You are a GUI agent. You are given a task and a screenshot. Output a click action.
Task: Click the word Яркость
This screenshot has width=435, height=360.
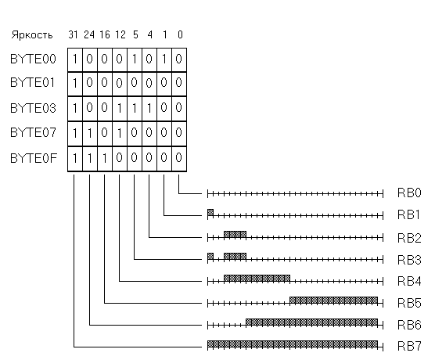pos(32,35)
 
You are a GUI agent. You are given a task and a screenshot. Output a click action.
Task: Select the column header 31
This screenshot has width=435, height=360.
pos(73,34)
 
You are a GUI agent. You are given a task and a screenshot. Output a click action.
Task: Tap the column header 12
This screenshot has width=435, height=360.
pos(120,34)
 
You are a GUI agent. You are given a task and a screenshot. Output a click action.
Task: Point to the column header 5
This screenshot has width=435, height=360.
pos(135,34)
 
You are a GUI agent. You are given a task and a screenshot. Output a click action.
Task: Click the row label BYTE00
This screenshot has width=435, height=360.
pos(33,59)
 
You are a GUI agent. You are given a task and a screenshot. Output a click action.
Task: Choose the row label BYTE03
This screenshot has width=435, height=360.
pos(33,108)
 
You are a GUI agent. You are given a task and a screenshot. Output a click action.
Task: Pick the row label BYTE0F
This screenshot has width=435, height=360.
pos(34,158)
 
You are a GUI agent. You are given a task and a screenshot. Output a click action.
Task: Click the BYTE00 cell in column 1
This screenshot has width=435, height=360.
pos(164,59)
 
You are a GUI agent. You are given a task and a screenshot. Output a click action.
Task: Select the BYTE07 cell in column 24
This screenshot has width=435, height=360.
pos(90,134)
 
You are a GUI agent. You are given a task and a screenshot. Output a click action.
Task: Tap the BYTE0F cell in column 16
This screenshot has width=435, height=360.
pos(105,159)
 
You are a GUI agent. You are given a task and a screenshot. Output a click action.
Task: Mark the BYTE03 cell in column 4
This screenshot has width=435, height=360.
pos(149,109)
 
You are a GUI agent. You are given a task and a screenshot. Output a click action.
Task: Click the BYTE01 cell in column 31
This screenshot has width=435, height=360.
pos(75,84)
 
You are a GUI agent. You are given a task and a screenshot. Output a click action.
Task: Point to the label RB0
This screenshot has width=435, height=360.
pos(409,193)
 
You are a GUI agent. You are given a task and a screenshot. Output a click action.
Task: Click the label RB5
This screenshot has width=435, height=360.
pos(409,303)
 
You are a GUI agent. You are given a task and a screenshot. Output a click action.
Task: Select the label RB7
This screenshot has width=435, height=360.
pos(409,346)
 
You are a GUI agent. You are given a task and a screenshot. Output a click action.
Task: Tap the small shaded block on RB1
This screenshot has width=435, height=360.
pos(210,213)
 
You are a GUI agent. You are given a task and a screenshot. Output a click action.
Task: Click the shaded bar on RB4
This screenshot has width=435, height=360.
pos(257,278)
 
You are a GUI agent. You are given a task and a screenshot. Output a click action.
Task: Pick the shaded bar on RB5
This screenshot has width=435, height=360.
pos(334,300)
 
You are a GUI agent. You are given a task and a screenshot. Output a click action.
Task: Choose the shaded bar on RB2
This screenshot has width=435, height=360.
pos(235,234)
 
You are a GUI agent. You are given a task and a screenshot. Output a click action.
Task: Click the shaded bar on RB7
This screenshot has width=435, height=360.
pos(293,344)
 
